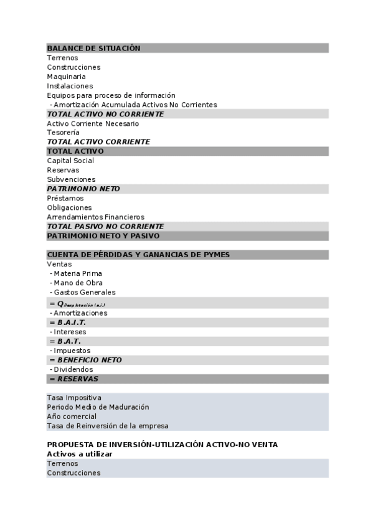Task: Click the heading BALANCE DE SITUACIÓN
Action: coord(93,49)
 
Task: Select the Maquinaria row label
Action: coord(66,77)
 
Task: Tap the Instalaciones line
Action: coord(70,86)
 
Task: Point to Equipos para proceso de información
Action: coord(111,95)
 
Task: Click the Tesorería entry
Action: coord(63,133)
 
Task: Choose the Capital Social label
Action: coord(70,161)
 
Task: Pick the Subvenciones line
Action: coord(71,179)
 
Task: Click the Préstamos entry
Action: coord(65,198)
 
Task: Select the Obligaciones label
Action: coord(69,207)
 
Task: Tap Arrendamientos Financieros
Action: coord(95,217)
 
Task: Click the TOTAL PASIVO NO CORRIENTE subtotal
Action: coord(105,227)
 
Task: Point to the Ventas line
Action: coord(59,264)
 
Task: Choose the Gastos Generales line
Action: coord(84,292)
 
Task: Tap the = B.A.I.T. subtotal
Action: coord(67,323)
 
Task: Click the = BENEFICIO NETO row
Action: coord(85,360)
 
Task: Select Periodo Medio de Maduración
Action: coord(98,407)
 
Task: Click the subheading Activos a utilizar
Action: coord(80,454)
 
